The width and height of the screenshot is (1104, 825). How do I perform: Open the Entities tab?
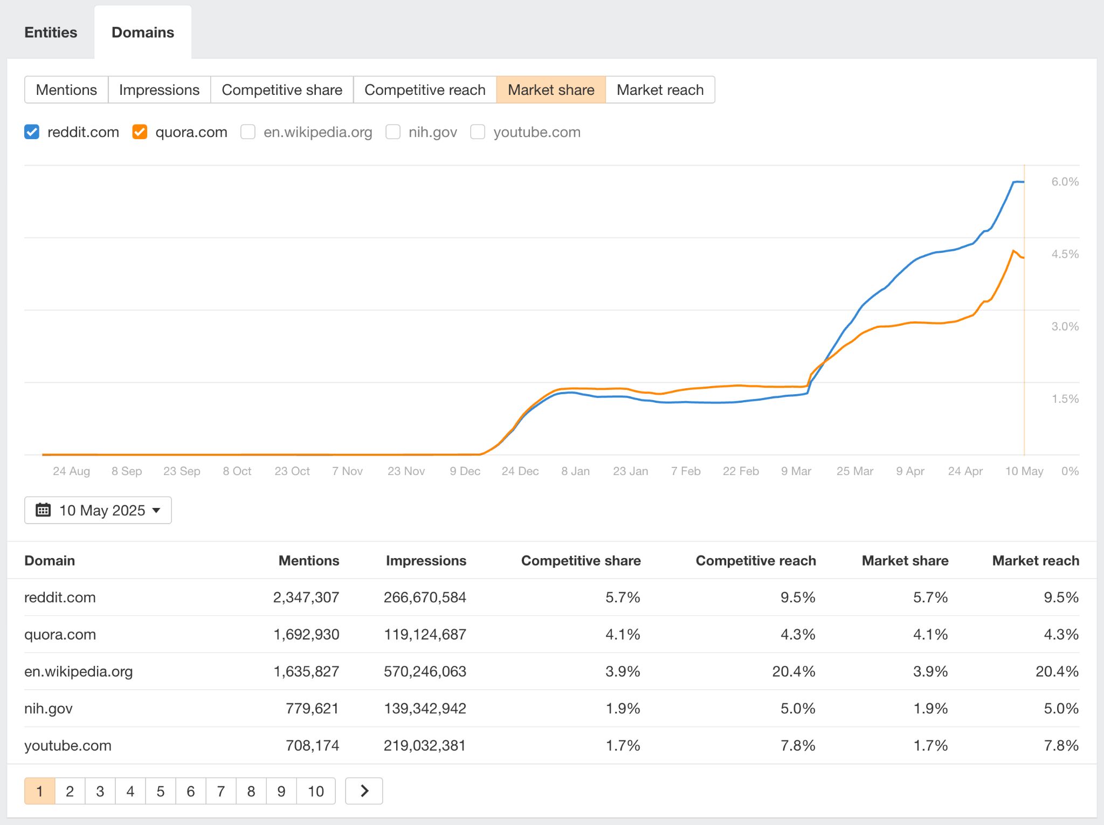pyautogui.click(x=51, y=32)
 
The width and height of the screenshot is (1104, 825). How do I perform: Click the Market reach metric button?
pyautogui.click(x=660, y=90)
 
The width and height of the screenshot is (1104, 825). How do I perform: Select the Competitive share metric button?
pyautogui.click(x=282, y=90)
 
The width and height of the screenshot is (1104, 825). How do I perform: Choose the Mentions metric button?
pyautogui.click(x=66, y=90)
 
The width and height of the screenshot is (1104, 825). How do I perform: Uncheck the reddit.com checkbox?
pyautogui.click(x=32, y=132)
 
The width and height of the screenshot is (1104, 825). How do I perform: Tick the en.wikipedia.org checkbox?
pyautogui.click(x=248, y=132)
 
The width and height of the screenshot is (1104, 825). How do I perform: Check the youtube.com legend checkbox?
pyautogui.click(x=478, y=132)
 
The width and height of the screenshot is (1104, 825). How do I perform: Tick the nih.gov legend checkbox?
pyautogui.click(x=393, y=132)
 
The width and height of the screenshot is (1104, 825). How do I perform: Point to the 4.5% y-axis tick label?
pyautogui.click(x=1065, y=254)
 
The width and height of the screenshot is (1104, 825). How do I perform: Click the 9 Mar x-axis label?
pyautogui.click(x=796, y=471)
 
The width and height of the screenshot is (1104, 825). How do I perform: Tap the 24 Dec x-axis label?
pyautogui.click(x=520, y=471)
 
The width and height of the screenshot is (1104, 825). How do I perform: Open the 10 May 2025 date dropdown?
pyautogui.click(x=98, y=510)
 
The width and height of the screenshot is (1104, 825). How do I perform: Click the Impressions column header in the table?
pyautogui.click(x=426, y=561)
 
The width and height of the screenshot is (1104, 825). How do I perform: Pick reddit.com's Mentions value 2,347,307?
pyautogui.click(x=306, y=597)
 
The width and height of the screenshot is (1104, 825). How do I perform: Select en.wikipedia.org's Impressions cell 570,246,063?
pyautogui.click(x=425, y=671)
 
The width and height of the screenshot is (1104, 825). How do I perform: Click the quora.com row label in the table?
pyautogui.click(x=60, y=634)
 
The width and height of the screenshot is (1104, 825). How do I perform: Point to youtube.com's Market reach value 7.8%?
pyautogui.click(x=1061, y=745)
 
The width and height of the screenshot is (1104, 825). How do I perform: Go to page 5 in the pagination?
pyautogui.click(x=160, y=791)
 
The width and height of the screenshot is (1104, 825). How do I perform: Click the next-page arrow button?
pyautogui.click(x=364, y=791)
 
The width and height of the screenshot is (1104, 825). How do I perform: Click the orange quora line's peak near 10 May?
pyautogui.click(x=1013, y=251)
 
